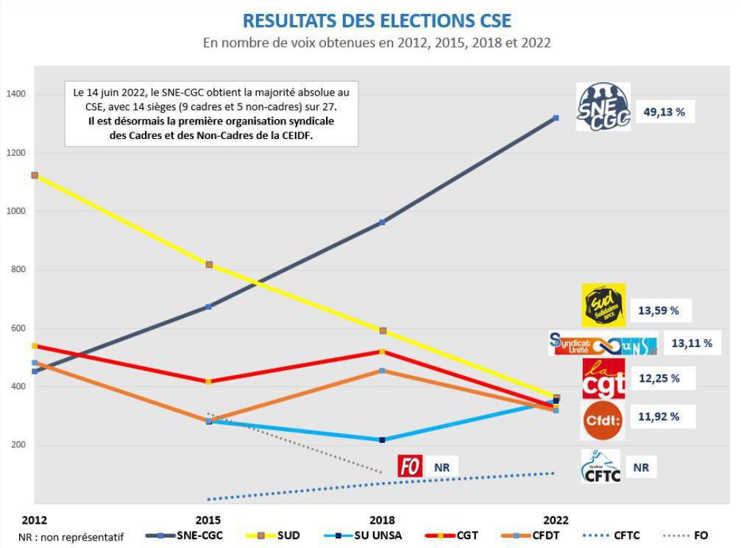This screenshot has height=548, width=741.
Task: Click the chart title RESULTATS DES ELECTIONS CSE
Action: [x=377, y=20]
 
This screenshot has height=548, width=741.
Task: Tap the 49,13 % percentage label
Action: [x=664, y=113]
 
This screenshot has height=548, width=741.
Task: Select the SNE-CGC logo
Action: [x=603, y=107]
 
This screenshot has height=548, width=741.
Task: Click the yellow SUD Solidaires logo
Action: [x=603, y=305]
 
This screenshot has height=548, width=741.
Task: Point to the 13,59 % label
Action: [x=659, y=310]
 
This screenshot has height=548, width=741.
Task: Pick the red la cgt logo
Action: [x=603, y=378]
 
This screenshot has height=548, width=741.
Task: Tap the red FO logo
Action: [x=410, y=466]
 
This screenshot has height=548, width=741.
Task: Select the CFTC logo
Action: [x=600, y=466]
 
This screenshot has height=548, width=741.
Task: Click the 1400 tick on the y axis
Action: [x=16, y=94]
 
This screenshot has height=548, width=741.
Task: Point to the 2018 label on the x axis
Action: [x=381, y=520]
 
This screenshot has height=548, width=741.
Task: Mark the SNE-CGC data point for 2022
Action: [x=556, y=118]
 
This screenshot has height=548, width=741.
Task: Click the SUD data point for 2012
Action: [x=35, y=175]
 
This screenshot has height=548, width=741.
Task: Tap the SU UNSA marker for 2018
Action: [x=381, y=440]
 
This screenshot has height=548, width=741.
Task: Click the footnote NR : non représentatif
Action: [x=71, y=536]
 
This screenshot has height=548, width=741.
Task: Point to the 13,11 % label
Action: [x=692, y=343]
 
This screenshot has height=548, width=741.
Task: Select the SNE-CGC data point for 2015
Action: [x=208, y=307]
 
